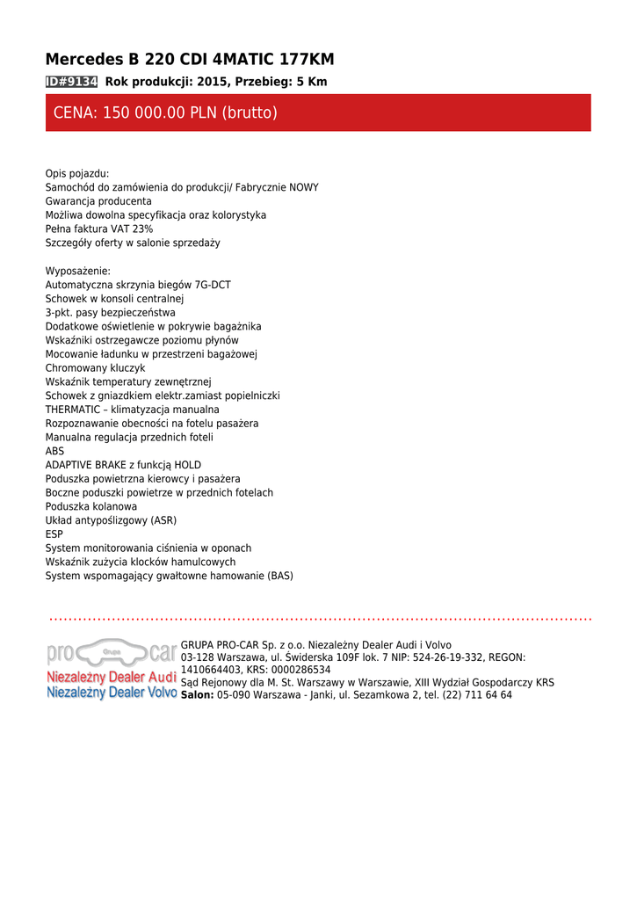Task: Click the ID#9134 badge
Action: [71, 82]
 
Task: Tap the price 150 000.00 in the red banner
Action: [143, 113]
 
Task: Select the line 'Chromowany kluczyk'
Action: [95, 368]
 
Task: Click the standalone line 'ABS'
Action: [54, 451]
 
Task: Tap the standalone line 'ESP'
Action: [54, 534]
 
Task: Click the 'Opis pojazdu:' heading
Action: [77, 174]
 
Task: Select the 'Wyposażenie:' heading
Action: [78, 271]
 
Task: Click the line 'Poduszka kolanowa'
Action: [91, 506]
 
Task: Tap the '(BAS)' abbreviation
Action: [280, 576]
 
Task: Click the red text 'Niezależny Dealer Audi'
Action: [112, 678]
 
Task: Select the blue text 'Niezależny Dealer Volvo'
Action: [112, 693]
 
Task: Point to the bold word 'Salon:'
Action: [197, 694]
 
